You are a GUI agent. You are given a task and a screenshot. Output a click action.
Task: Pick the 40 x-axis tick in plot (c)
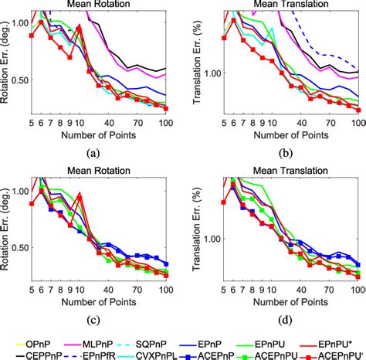tap(116, 287)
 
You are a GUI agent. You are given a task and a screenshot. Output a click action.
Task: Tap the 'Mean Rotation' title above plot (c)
tap(93, 171)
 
